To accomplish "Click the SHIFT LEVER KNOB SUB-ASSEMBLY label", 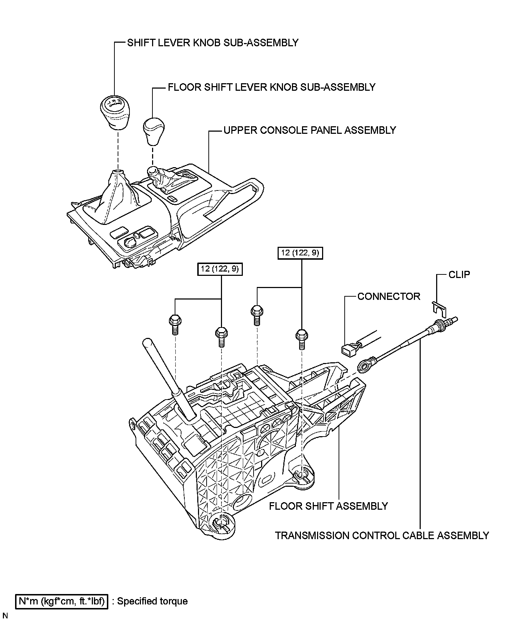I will click(x=213, y=43).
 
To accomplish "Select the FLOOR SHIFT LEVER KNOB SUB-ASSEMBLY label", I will click(x=272, y=87).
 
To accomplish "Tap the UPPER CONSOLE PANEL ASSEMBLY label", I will click(x=310, y=130).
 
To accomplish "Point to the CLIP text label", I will click(x=459, y=275).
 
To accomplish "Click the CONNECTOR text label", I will click(x=389, y=297).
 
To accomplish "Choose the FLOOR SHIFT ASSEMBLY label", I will click(x=329, y=506).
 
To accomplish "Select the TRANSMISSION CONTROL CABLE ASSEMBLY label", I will click(x=382, y=536).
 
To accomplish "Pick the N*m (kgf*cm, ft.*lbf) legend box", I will click(x=62, y=601).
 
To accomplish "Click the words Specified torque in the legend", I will click(x=152, y=601).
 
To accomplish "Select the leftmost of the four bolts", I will click(x=174, y=323).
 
